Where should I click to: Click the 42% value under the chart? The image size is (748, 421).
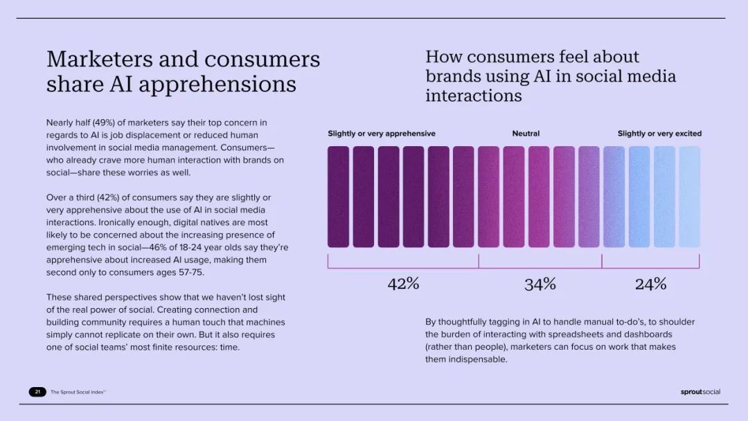[403, 284]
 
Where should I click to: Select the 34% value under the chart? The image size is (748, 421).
[540, 284]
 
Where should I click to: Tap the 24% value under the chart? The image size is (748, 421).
[650, 284]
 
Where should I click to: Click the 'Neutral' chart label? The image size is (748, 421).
[526, 134]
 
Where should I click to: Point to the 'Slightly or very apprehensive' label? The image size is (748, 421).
[382, 134]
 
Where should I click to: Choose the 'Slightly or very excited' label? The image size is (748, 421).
[660, 134]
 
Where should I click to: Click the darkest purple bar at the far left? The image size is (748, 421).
[338, 197]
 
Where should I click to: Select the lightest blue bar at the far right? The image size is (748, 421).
[689, 197]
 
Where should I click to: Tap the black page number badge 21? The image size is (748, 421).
[37, 392]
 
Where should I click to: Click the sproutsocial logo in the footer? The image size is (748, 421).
[700, 392]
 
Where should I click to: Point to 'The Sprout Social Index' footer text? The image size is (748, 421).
[78, 392]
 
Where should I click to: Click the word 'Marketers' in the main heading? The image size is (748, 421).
[99, 59]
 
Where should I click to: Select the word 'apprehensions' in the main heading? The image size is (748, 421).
[217, 84]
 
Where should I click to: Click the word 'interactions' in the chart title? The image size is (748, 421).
[474, 96]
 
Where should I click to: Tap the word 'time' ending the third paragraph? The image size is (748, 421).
[229, 347]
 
